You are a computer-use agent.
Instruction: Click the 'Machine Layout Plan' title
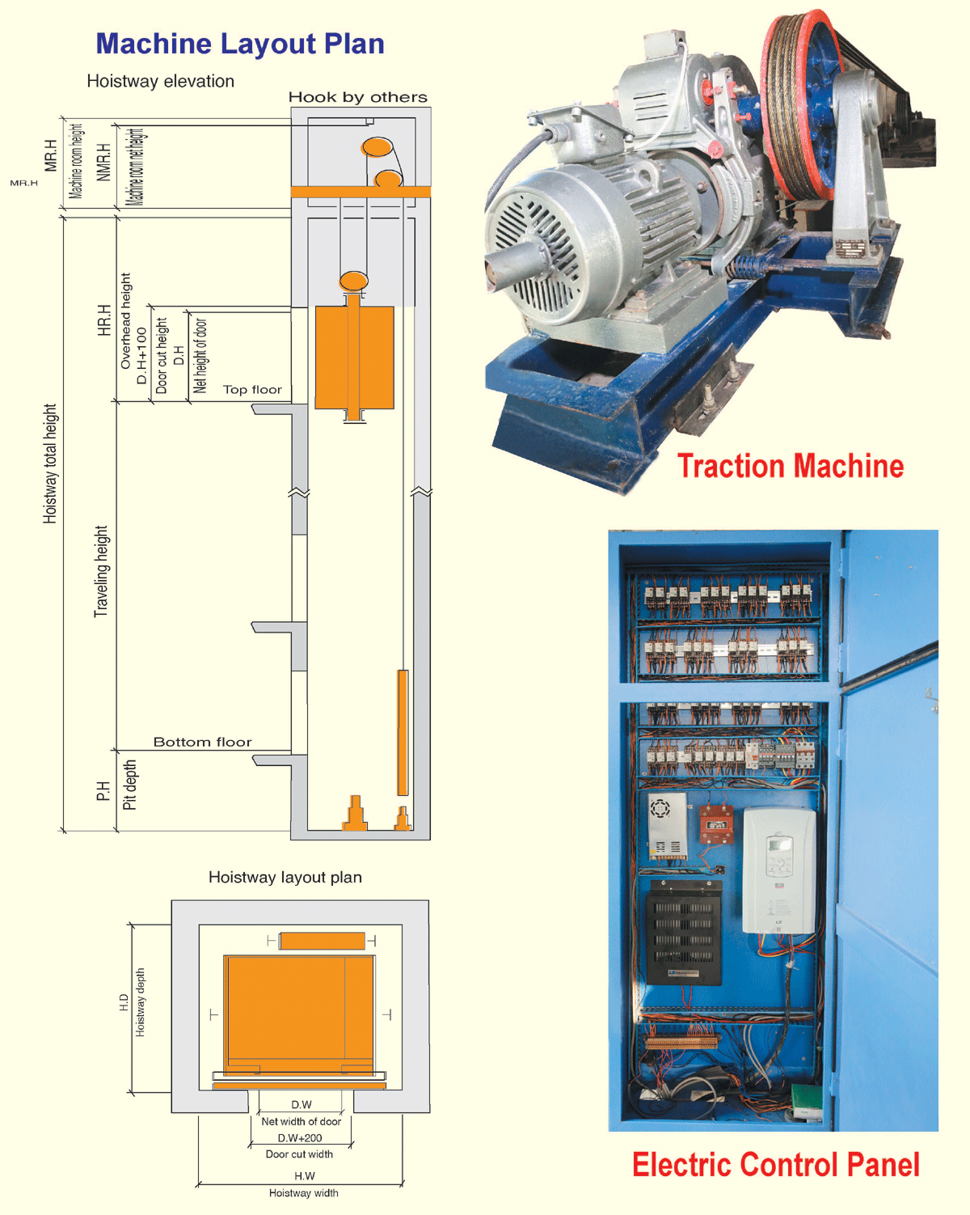[240, 44]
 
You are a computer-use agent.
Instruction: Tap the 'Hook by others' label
[357, 98]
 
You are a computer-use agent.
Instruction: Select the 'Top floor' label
[252, 390]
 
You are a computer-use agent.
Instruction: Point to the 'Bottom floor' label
[202, 742]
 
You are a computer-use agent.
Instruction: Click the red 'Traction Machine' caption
[790, 466]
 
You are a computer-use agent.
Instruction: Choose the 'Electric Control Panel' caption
[775, 1165]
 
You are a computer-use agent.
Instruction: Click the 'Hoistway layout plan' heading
[285, 878]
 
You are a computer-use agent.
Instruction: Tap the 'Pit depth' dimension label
[129, 785]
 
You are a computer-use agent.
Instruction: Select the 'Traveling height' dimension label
[101, 571]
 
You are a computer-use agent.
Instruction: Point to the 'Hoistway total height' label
[50, 464]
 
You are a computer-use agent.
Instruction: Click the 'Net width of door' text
[301, 1122]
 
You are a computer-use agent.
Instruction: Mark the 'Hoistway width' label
[303, 1193]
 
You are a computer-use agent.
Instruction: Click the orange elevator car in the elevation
[354, 357]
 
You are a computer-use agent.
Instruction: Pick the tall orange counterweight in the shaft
[403, 732]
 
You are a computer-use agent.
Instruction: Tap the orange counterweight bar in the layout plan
[322, 941]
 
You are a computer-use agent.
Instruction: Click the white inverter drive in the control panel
[778, 870]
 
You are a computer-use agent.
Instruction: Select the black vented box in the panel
[684, 931]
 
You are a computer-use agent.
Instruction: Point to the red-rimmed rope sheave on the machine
[800, 105]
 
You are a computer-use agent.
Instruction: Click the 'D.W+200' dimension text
[300, 1138]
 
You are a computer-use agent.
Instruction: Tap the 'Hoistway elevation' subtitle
[160, 82]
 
